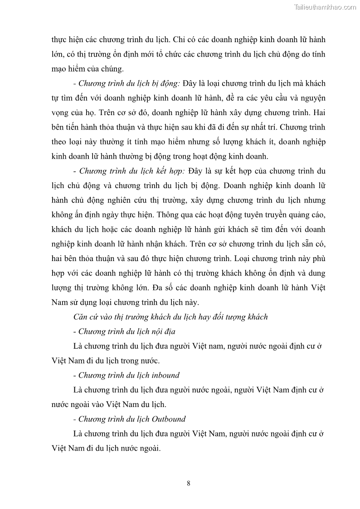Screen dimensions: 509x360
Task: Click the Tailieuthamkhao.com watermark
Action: (x=325, y=7)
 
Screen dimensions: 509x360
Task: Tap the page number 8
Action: (x=188, y=483)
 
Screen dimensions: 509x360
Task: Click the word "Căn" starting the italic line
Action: (x=80, y=317)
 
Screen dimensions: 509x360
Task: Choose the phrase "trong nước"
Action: (x=140, y=361)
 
